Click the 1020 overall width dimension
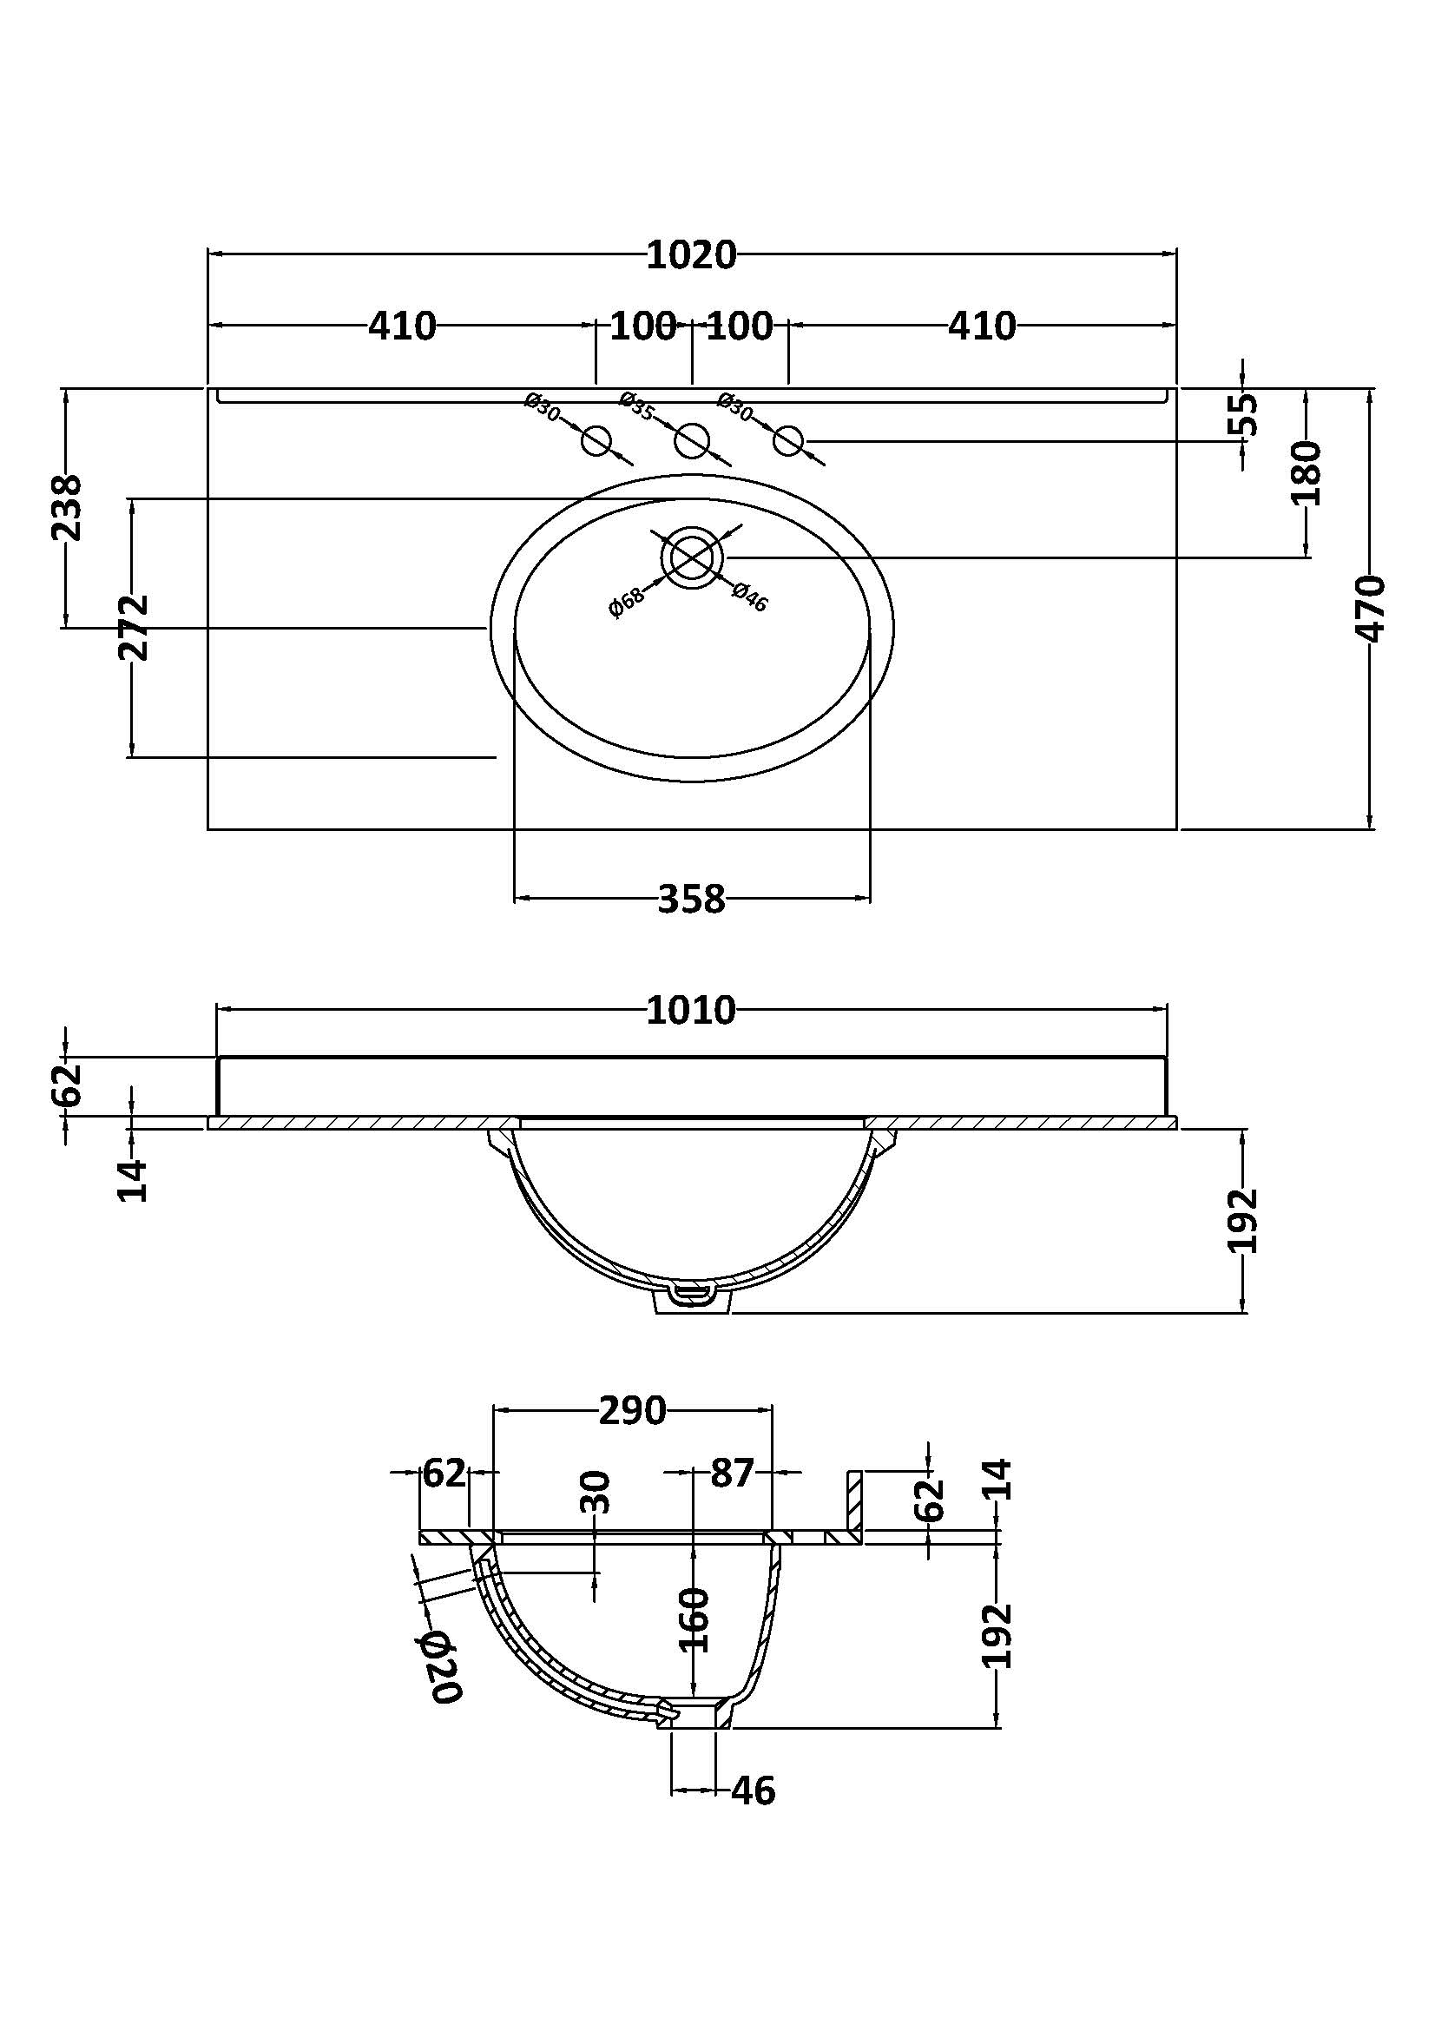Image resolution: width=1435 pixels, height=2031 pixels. coord(691,255)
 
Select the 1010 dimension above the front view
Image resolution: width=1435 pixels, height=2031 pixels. coord(691,1010)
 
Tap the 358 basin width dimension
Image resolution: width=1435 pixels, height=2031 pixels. coord(691,900)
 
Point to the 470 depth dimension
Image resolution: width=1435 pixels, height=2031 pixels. coord(1370,609)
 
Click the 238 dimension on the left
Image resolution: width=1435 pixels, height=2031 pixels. coord(67,508)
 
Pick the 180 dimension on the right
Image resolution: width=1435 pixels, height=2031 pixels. coord(1306,473)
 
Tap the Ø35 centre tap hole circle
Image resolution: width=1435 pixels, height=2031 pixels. coord(692,440)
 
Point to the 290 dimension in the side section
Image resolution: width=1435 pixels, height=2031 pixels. coord(632,1411)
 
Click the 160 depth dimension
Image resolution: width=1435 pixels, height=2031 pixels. coord(696,1619)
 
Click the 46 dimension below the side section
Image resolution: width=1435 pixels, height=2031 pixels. coord(754,1790)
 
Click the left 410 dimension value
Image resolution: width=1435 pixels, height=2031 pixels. coord(402,326)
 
